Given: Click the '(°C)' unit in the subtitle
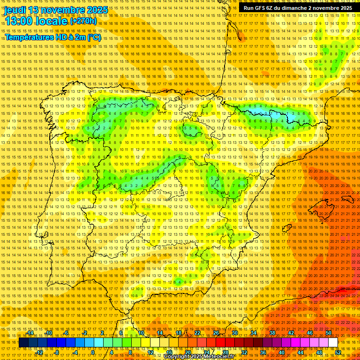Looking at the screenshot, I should coord(94,37).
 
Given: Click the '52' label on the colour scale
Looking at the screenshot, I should coord(338,352).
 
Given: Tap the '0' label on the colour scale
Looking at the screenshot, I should coord(93,352).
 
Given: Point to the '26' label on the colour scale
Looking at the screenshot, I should coord(216,333).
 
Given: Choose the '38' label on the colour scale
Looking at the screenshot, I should coord(272,333).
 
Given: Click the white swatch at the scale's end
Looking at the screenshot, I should coord(333,343).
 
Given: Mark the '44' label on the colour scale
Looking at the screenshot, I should coord(300,352).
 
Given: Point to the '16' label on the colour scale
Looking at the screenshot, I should coord(169,352).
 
